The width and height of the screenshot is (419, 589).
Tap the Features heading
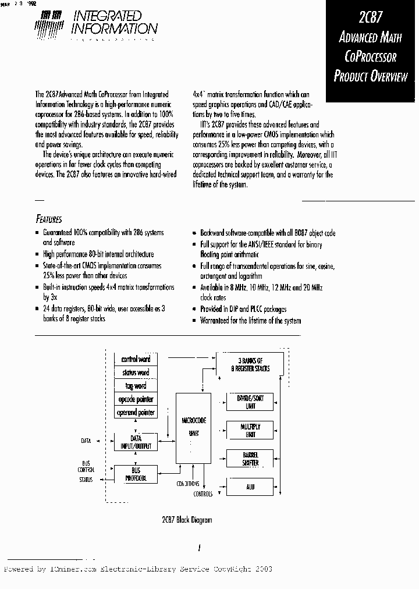pos(49,219)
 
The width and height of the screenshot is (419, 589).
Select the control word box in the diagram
pos(135,360)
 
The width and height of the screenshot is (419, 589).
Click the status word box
pos(135,373)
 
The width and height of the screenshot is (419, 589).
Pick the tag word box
pos(135,386)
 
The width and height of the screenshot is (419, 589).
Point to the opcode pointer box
pos(135,399)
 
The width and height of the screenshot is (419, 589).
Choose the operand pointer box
pos(135,413)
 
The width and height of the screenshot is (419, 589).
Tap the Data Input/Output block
pos(135,442)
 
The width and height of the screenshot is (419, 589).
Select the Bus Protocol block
pos(135,474)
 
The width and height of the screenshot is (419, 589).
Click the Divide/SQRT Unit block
pos(250,402)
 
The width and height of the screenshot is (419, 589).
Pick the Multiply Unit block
pos(250,431)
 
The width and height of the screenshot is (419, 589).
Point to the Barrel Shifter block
pos(250,459)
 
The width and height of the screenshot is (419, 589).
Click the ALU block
pos(250,487)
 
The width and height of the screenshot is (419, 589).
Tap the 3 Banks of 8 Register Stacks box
pos(250,364)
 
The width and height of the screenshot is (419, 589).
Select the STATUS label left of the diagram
pos(86,480)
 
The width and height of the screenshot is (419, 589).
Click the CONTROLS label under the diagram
pos(203,495)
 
